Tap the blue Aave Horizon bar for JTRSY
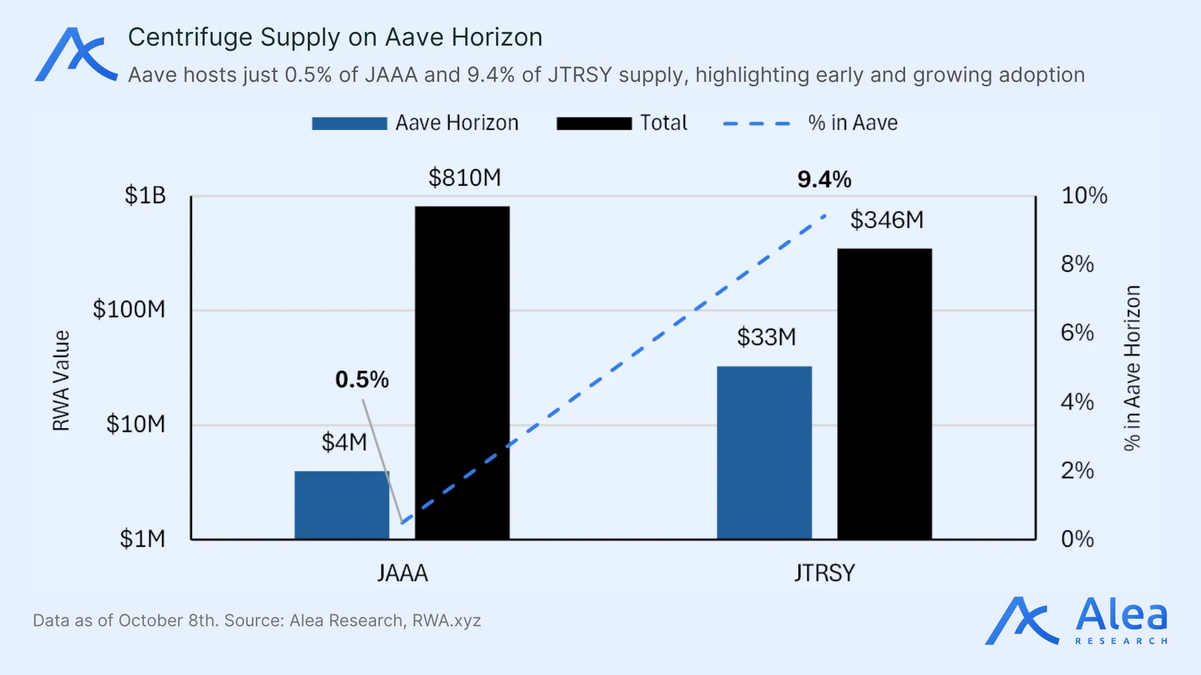coord(764,452)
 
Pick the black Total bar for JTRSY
coord(884,394)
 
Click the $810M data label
coord(465,178)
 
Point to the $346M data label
coord(886,220)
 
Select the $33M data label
coord(766,337)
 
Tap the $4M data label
coord(344,442)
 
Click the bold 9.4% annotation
coord(824,180)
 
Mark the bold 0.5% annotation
coord(362,379)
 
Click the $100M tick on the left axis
coord(129,309)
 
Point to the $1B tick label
coord(145,196)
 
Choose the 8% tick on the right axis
coord(1077,264)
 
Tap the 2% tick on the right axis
coord(1077,471)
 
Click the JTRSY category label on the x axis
coord(824,573)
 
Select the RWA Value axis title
coord(61,381)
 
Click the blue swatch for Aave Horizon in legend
coord(349,123)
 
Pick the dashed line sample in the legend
coord(757,123)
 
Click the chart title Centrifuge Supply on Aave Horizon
coord(335,37)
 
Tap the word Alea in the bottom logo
coord(1121,615)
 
